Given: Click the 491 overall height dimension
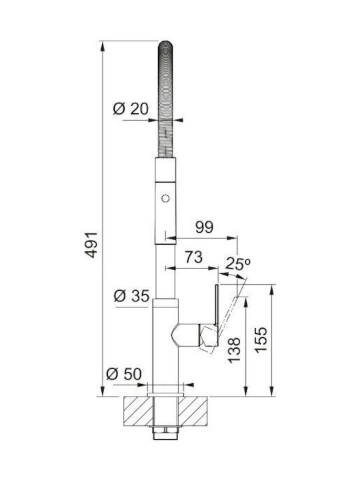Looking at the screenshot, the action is click(x=91, y=245).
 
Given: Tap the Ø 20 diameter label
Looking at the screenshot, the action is click(x=131, y=109).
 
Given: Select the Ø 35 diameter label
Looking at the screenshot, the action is click(x=131, y=296).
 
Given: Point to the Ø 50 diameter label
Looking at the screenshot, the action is click(x=124, y=374).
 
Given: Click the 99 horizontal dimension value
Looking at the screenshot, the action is click(x=205, y=227).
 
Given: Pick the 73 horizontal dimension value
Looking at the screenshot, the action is click(x=193, y=257).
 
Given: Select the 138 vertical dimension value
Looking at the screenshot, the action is click(x=235, y=350).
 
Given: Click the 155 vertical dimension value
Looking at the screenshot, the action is click(x=261, y=340).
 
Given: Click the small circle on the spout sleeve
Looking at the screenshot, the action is click(x=165, y=199).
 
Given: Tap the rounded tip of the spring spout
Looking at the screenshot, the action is click(x=165, y=43).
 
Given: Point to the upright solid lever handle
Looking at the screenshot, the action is click(x=217, y=306).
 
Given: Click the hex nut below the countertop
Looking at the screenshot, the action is click(x=165, y=433).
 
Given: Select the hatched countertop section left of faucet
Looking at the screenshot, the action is click(x=138, y=411).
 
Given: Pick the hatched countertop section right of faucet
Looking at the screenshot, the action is click(x=193, y=411).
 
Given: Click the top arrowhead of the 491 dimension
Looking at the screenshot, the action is click(x=103, y=45).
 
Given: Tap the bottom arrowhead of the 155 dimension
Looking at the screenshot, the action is click(x=271, y=391).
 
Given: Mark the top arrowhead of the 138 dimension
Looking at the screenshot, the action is click(x=245, y=302).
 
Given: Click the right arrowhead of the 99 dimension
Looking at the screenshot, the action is click(x=232, y=238).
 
